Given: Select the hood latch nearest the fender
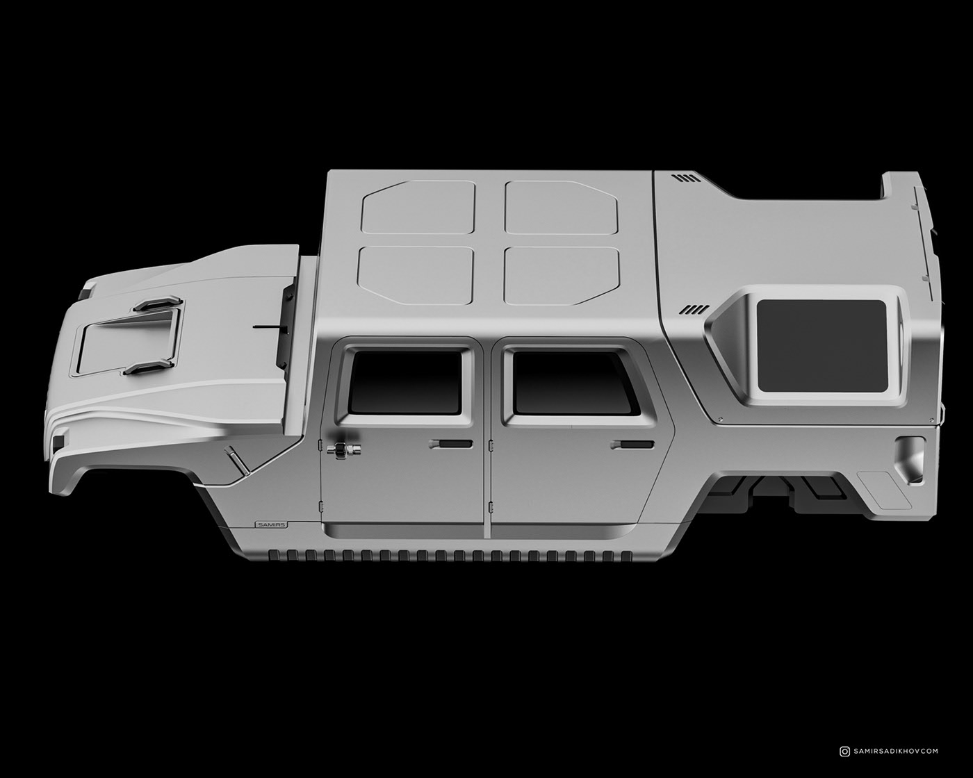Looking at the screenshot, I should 149,367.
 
